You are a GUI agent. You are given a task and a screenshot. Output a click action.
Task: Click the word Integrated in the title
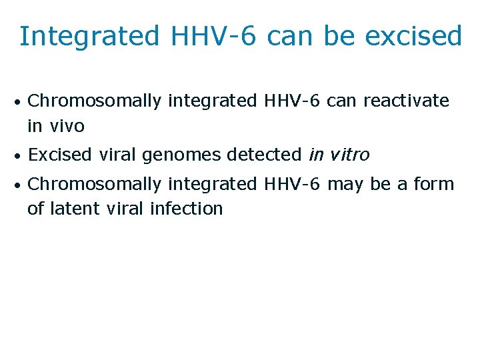click(89, 36)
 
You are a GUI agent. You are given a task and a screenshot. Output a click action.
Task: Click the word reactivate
click(406, 101)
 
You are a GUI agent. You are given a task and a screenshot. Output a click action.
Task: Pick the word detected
click(264, 155)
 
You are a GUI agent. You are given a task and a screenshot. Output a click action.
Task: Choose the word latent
click(74, 208)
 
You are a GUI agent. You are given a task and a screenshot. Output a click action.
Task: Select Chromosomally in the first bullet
click(95, 101)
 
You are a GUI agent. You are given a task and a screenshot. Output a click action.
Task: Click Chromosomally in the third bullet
click(95, 183)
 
